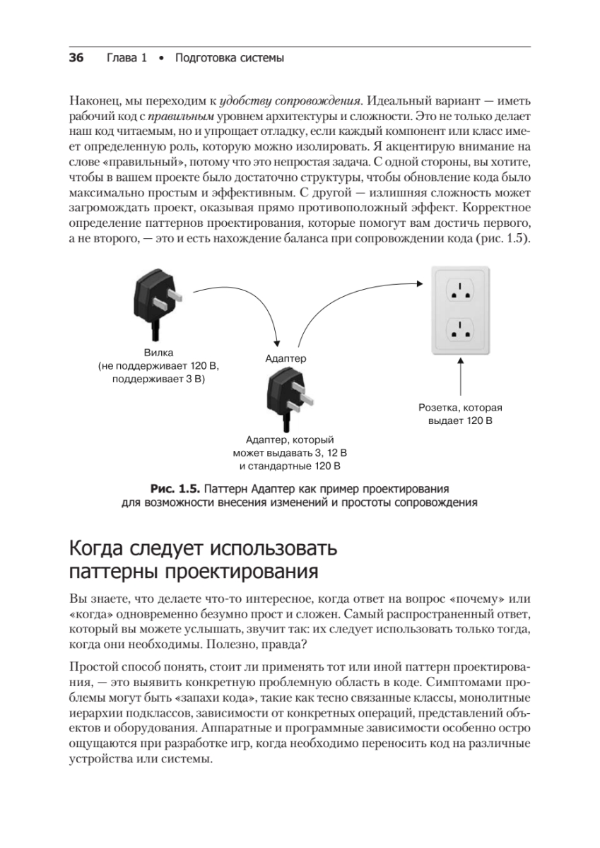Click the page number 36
click(76, 59)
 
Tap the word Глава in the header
click(121, 59)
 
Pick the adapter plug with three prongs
click(286, 399)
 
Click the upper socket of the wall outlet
click(460, 290)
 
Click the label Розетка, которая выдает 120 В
click(460, 415)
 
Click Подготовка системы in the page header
click(228, 59)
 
